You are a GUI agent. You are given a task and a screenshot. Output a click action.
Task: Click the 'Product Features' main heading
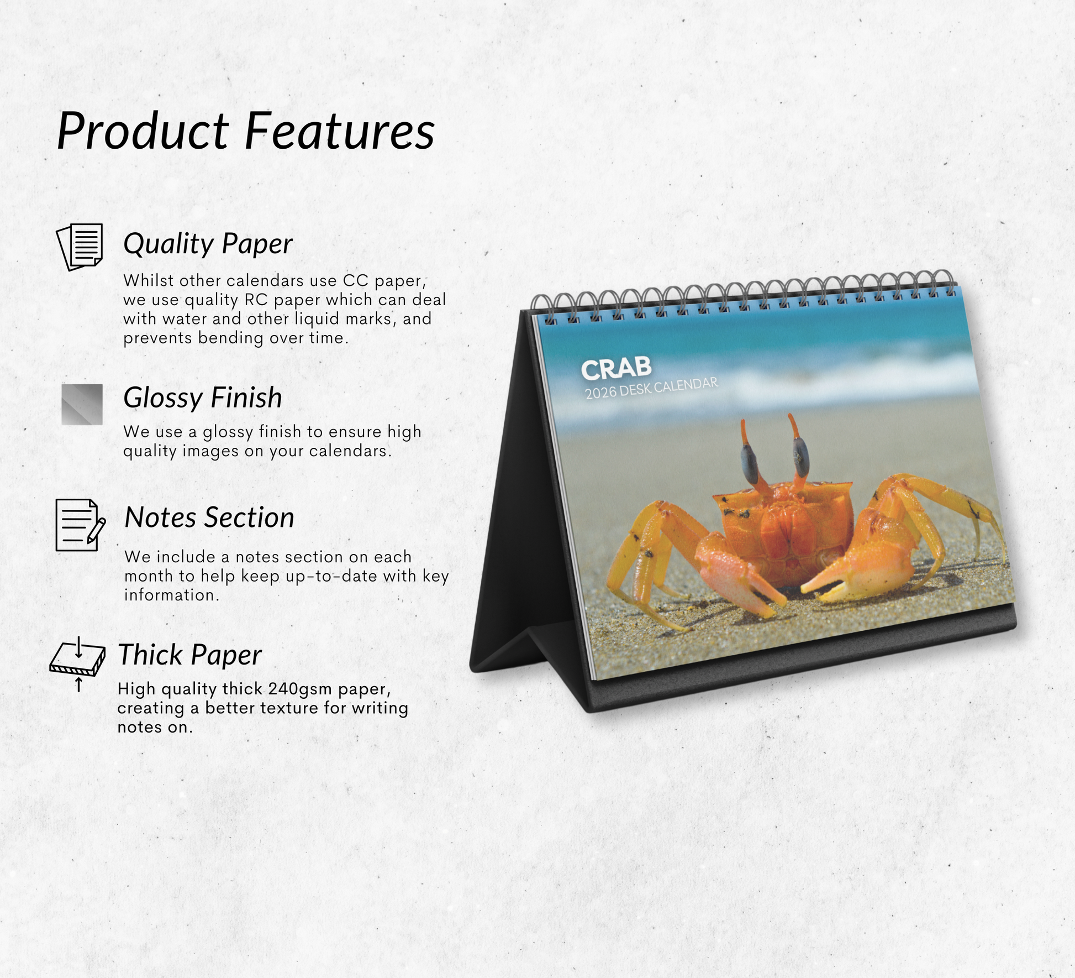[x=246, y=131]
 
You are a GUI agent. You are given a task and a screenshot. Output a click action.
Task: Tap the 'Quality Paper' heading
[x=208, y=244]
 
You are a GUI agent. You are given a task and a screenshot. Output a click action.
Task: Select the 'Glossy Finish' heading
[x=203, y=398]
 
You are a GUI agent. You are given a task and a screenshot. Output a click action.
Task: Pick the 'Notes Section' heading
[x=209, y=517]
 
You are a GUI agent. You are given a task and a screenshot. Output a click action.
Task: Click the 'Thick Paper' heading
[x=189, y=655]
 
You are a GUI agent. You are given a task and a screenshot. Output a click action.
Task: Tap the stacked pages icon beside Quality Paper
[x=80, y=247]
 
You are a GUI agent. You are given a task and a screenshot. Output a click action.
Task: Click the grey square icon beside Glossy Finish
[x=82, y=404]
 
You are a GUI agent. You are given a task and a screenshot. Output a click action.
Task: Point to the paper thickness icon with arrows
[x=78, y=664]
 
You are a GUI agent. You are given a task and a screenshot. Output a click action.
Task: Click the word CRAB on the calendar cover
[x=616, y=369]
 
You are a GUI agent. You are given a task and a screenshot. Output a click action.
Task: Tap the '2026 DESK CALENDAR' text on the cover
[x=652, y=388]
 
